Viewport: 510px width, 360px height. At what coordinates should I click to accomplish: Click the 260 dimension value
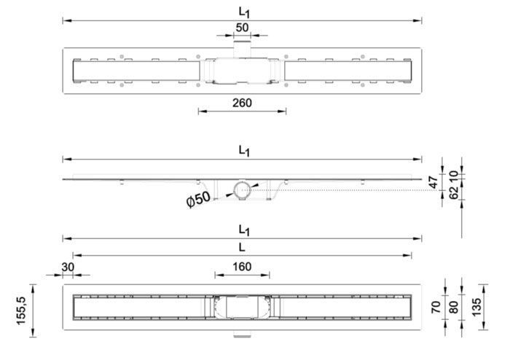coord(242,103)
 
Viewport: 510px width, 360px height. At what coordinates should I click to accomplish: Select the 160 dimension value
coord(242,267)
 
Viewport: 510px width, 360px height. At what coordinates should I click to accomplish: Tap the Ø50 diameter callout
coord(198,199)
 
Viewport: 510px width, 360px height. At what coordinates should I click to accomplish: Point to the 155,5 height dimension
coord(21,310)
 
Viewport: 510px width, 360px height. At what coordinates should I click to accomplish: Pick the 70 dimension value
coord(436,308)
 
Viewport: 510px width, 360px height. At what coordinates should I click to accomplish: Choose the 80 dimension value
coord(453,308)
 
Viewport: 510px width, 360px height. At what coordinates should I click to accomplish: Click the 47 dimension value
coord(433,182)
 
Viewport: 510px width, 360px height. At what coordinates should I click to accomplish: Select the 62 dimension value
coord(453,192)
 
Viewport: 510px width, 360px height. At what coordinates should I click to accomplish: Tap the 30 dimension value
coord(68,267)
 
